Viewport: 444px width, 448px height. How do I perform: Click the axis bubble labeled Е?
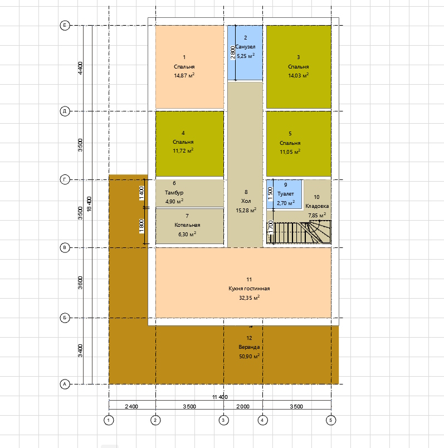coord(65,26)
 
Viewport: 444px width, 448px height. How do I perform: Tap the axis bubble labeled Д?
coord(65,111)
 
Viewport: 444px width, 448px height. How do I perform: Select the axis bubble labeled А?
coord(65,384)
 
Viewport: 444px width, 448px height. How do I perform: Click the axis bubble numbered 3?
coord(223,420)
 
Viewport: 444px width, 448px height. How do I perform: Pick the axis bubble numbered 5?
coord(331,420)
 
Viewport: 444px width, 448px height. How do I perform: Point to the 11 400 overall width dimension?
coord(220,397)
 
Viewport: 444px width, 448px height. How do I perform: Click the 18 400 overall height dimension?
coord(89,204)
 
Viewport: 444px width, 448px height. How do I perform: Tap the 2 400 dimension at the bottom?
coord(131,406)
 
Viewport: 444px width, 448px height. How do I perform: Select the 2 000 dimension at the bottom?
coord(243,406)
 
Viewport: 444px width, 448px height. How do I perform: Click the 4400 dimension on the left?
coord(80,69)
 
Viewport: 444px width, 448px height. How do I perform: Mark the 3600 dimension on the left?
coord(80,283)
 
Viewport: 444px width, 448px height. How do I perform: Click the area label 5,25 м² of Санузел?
coord(246,56)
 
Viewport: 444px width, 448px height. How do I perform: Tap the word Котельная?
coord(187,225)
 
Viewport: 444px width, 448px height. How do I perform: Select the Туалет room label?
coord(285,194)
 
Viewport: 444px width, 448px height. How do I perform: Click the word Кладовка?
coord(317,206)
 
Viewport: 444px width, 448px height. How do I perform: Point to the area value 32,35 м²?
coord(249,298)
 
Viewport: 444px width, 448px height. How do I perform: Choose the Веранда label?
coord(249,347)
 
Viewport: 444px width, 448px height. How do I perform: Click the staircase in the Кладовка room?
coord(299,232)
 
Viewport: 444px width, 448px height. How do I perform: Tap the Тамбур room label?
coord(174,193)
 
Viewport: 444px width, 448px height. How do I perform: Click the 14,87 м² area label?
coord(184,75)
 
